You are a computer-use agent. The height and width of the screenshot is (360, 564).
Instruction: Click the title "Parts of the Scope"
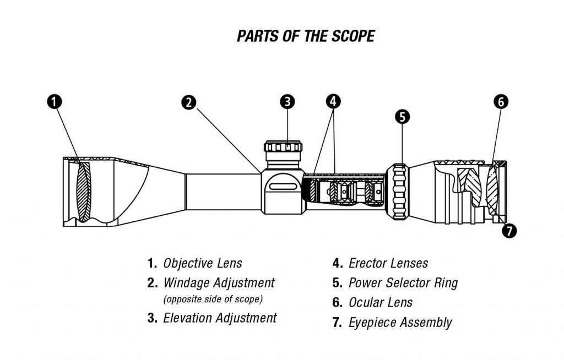(x=306, y=36)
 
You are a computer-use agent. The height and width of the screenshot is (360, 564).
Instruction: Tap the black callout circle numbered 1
(x=54, y=102)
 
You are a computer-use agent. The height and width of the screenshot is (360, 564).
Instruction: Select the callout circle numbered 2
(x=189, y=102)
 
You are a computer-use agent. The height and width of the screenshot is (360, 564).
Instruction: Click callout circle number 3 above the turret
(x=287, y=101)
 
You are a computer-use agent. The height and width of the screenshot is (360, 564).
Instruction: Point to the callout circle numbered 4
(x=333, y=101)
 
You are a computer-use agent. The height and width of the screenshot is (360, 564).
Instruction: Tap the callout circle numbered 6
(x=501, y=102)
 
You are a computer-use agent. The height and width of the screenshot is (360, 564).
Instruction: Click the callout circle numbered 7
(x=509, y=231)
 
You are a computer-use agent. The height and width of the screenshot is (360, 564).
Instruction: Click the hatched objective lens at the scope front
(x=83, y=190)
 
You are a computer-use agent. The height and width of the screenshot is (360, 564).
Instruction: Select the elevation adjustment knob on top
(x=283, y=148)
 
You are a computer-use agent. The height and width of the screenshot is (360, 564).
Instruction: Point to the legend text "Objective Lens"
(x=202, y=263)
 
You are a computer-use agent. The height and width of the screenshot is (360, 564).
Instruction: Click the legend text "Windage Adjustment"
(x=219, y=283)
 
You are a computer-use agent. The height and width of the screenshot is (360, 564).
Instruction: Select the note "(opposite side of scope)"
(x=213, y=299)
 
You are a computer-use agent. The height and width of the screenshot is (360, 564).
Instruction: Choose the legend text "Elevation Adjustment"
(x=220, y=318)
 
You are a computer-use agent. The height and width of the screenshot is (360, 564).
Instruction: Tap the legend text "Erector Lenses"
(x=388, y=263)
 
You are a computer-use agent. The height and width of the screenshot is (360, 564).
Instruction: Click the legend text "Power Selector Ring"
(x=403, y=283)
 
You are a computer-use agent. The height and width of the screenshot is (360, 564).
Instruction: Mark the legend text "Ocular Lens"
(x=380, y=302)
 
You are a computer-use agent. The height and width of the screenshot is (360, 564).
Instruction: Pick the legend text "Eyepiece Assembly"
(x=400, y=323)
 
